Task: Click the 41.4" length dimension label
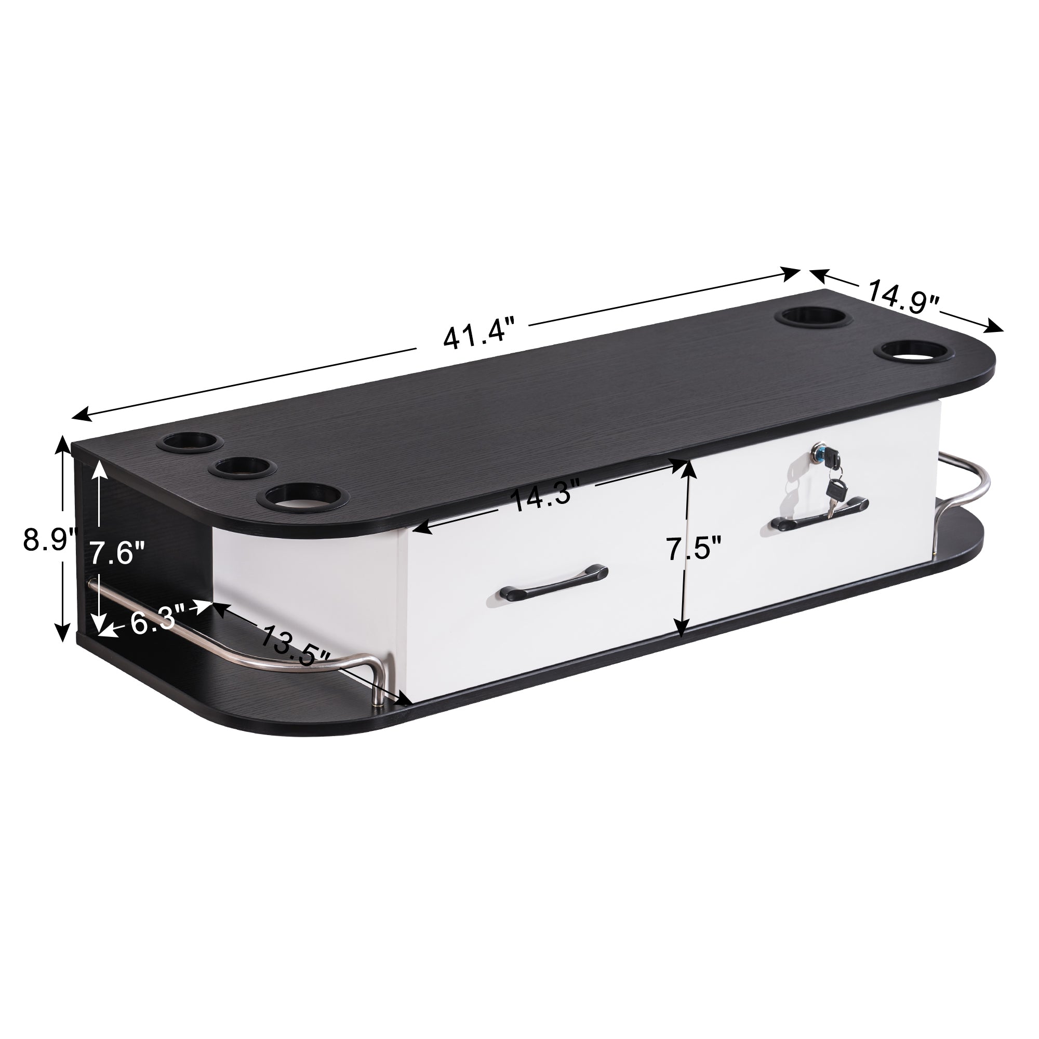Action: point(475,334)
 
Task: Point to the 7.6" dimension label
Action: point(116,552)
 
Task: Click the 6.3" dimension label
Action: point(153,620)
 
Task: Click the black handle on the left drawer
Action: point(553,580)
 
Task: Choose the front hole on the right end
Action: point(913,352)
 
